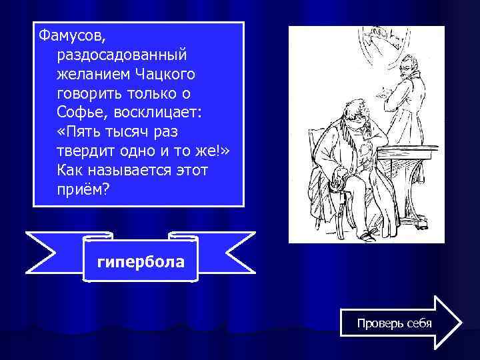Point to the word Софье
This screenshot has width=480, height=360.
81,111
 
